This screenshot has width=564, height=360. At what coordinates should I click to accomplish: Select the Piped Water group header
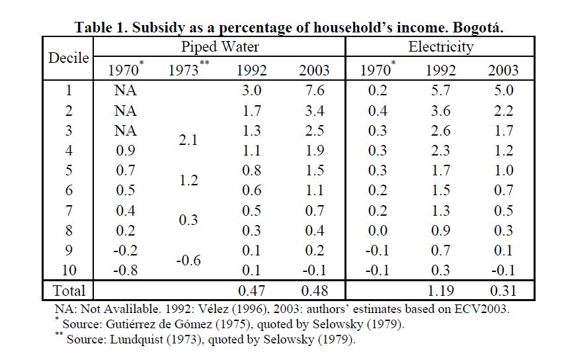[220, 46]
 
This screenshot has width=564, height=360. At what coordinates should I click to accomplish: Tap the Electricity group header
[440, 46]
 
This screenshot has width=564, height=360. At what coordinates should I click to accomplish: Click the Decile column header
[69, 58]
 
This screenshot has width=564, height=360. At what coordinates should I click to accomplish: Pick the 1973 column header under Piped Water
[188, 69]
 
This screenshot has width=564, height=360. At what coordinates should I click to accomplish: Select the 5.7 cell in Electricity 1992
[440, 90]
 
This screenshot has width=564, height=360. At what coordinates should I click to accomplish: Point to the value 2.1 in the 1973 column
[188, 140]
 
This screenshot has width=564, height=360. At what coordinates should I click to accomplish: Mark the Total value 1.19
[440, 290]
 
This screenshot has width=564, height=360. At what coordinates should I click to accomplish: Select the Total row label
[69, 290]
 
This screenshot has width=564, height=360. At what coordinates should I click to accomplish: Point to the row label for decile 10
[69, 269]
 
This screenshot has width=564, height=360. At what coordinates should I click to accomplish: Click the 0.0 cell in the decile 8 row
[378, 230]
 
